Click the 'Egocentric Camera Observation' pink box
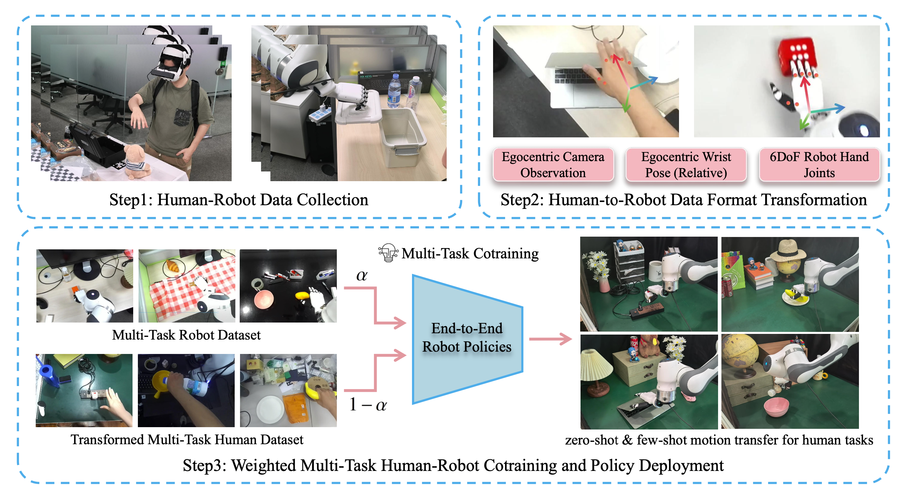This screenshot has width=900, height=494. point(553,164)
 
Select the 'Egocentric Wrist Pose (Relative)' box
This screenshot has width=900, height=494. point(685,164)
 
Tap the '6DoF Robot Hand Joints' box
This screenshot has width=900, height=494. point(819,164)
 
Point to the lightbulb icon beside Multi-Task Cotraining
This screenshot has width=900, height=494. point(388,253)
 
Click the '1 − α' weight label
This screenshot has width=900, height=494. point(368,404)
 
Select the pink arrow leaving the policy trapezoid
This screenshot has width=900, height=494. point(550,339)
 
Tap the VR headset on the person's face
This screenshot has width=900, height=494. point(168,69)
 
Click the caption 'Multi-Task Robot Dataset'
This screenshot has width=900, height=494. point(186,335)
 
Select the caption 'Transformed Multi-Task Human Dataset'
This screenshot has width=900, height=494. point(187,440)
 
